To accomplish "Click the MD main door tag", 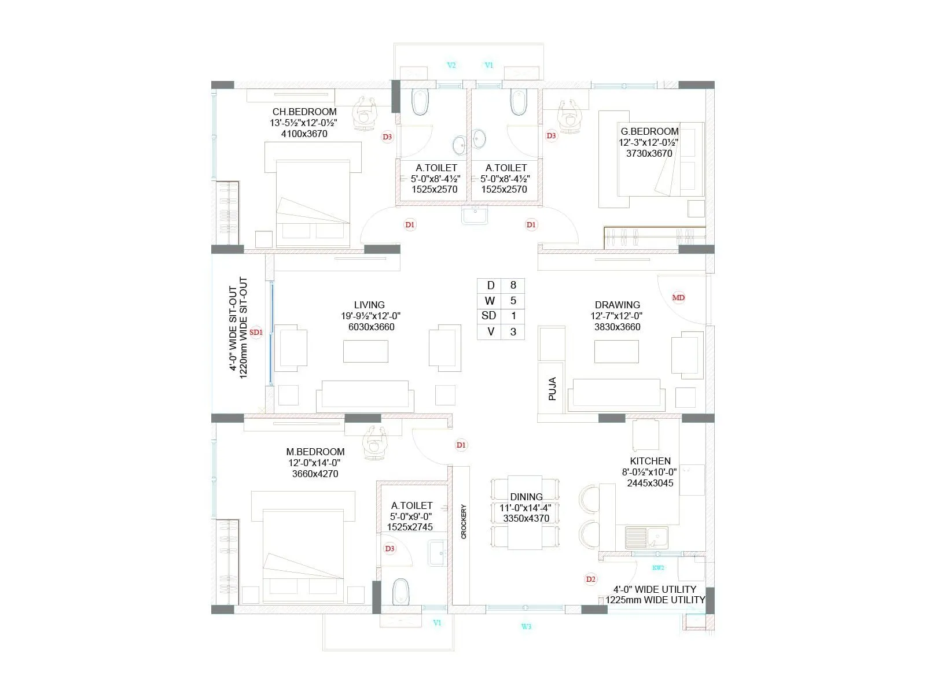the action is [x=678, y=298].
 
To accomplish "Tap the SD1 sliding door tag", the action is [x=256, y=332].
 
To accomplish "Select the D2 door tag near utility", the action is [x=591, y=579].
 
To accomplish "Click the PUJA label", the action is [x=552, y=389].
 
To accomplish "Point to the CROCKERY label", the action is [x=464, y=522].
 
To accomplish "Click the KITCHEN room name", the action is [x=650, y=461].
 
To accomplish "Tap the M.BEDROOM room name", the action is [x=315, y=452].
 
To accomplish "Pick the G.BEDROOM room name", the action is [x=649, y=131].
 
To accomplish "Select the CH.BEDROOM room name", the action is [x=304, y=112].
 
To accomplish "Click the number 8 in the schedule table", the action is [x=513, y=285].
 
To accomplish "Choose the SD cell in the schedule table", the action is [x=489, y=316].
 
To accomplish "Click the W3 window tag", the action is [x=526, y=626].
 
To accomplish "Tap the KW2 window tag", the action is [x=658, y=567].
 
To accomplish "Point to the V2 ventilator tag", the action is [x=451, y=65].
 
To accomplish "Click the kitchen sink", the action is [x=646, y=537].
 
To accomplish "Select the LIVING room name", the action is [x=369, y=305].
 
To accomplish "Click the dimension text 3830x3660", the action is [x=617, y=327].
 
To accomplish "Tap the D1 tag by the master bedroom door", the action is [x=461, y=445].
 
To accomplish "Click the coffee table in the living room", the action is [x=365, y=351].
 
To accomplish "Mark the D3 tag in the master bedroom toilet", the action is [x=389, y=549].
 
